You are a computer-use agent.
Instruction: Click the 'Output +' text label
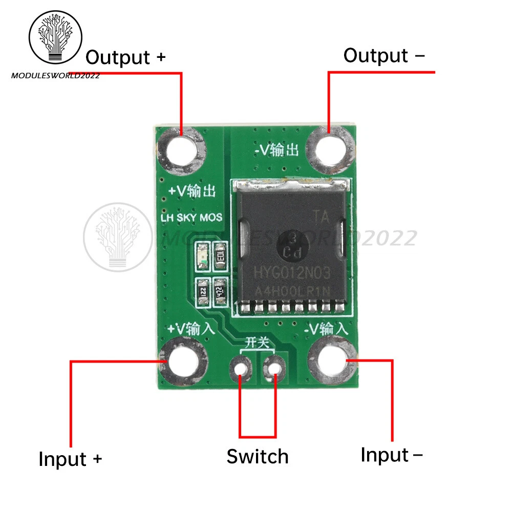(125, 57)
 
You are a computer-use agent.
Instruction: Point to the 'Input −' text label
(392, 454)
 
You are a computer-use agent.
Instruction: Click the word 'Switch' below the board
(258, 456)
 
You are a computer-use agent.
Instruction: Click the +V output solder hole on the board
(183, 150)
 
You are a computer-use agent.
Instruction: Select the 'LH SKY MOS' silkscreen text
(191, 218)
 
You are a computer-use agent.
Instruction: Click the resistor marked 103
(221, 255)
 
